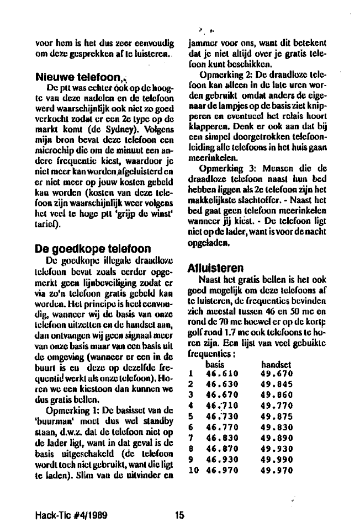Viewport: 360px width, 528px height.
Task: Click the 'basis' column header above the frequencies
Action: click(215, 364)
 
